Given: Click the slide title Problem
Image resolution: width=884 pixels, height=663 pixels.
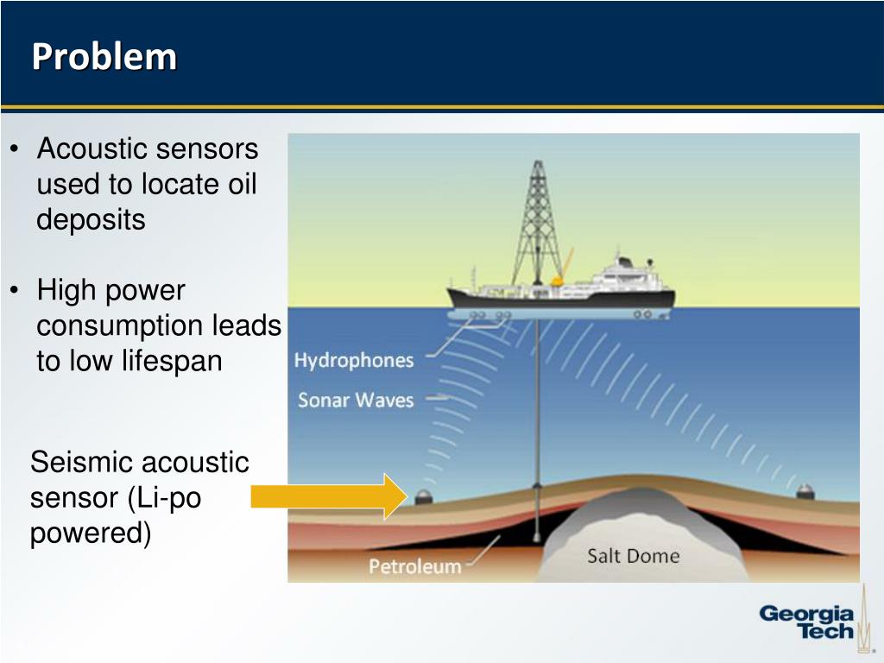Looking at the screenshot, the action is [x=104, y=57].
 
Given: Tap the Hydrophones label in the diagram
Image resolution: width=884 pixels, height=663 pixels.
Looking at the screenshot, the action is [x=354, y=360].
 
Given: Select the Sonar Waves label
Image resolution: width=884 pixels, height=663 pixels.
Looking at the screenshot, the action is [x=356, y=400].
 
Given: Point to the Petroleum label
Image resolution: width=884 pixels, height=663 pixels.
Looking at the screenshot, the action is [x=415, y=566].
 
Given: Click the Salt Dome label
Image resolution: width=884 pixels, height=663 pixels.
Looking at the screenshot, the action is [x=633, y=555].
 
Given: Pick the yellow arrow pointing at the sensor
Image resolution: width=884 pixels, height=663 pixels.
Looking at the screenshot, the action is [x=328, y=496].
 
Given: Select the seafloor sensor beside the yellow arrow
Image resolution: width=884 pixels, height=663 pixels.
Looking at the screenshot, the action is [x=424, y=496].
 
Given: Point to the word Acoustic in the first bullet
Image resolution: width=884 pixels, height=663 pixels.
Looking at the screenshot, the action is [x=92, y=149].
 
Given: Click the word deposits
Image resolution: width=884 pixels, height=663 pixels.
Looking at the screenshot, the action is [x=91, y=220].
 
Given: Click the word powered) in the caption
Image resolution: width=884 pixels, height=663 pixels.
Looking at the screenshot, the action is [x=90, y=534].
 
